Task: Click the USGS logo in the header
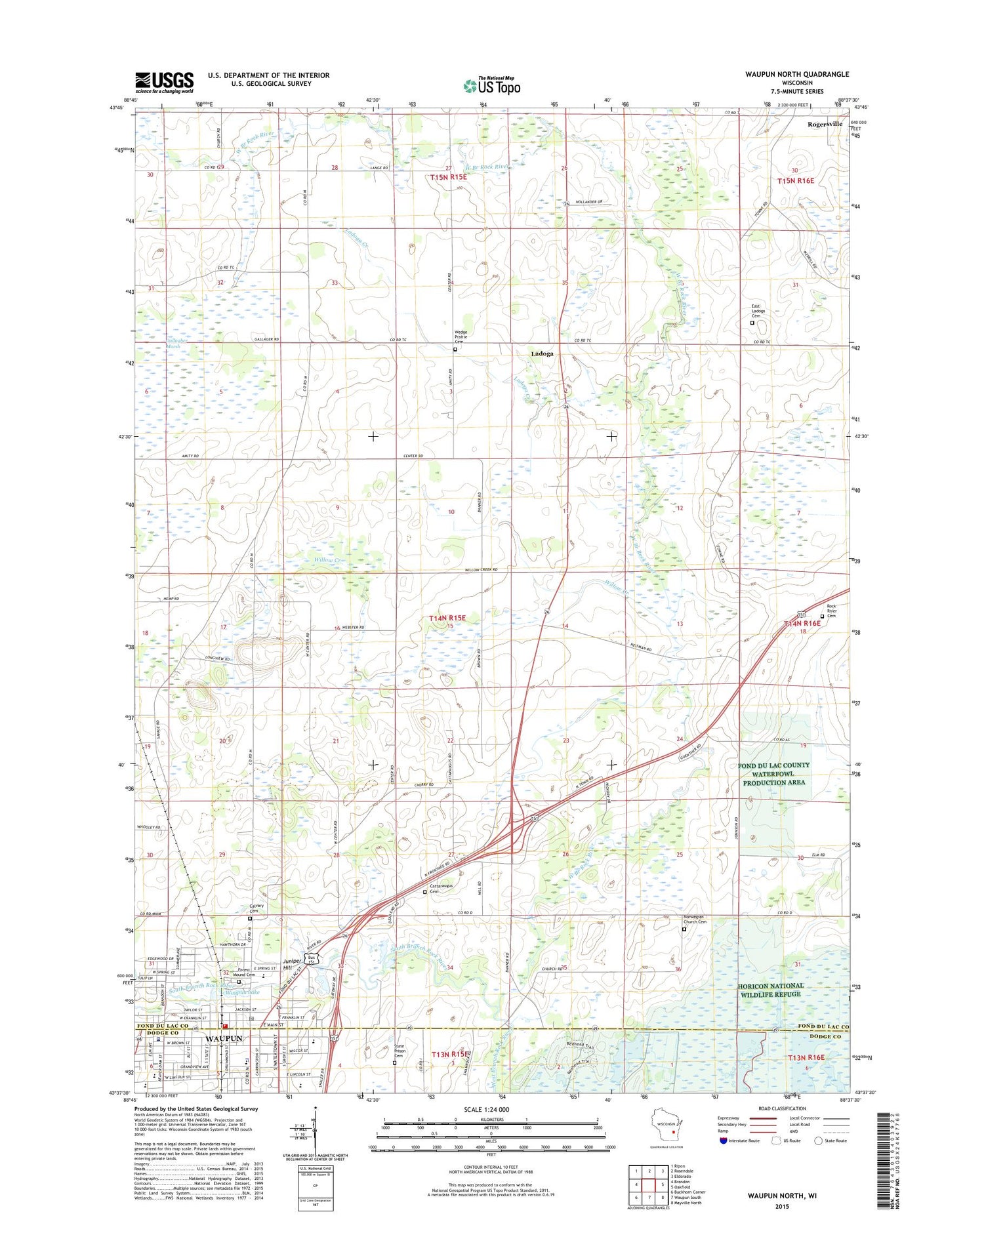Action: coord(165,82)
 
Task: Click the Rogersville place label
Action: coord(825,124)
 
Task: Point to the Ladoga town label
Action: coord(542,354)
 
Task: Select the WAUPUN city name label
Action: coord(224,1039)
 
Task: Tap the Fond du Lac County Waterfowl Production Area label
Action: coord(773,774)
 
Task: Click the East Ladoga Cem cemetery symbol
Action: coord(752,323)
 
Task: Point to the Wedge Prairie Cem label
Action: coord(461,336)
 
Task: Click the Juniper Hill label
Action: coord(291,964)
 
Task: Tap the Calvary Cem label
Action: coord(256,908)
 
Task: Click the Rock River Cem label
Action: coord(831,611)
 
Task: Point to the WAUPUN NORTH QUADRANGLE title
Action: coord(796,74)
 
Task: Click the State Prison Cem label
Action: coord(400,1051)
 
